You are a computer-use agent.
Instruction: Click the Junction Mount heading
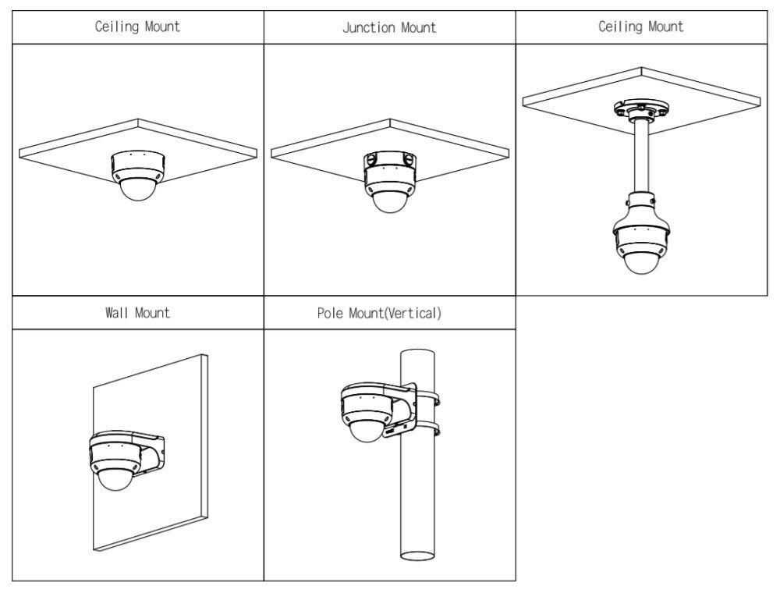coord(389,28)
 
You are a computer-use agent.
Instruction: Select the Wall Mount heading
coord(138,314)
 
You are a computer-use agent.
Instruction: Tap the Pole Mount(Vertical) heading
coord(389,314)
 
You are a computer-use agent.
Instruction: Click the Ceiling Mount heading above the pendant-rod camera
coord(640,27)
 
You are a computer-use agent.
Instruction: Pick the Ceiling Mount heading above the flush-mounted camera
coord(138,27)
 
